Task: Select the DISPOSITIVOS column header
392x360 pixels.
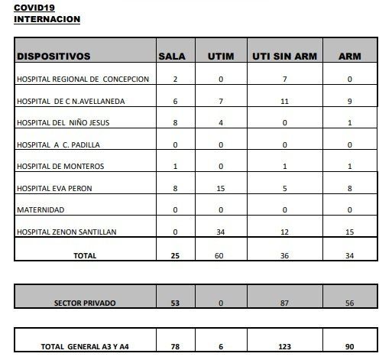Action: (53, 56)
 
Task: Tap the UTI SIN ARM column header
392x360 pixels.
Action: (285, 56)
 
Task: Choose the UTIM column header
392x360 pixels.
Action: (220, 56)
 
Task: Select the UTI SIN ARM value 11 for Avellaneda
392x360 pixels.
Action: (284, 101)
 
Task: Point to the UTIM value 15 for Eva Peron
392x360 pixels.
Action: (220, 187)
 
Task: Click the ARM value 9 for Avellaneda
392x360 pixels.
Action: (348, 101)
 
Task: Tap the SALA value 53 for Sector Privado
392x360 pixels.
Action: (175, 303)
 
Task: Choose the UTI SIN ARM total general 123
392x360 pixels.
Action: (284, 346)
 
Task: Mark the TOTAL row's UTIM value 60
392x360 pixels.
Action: (220, 257)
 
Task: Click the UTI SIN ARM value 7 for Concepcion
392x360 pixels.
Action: (284, 79)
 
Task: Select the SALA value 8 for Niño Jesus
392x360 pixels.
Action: (175, 122)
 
